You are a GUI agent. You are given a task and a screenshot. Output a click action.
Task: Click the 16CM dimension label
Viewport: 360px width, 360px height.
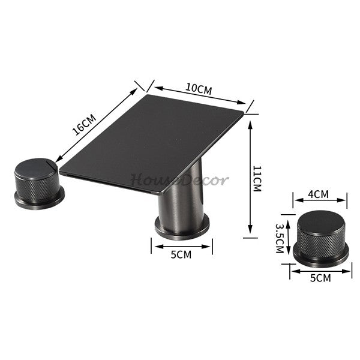tap(84, 125)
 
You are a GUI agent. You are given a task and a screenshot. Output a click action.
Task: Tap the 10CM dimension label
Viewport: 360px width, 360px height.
tap(199, 89)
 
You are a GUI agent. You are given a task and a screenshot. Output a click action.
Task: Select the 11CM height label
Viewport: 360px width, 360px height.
tap(257, 178)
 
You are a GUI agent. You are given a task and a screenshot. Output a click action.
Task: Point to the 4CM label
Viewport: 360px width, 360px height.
tap(318, 194)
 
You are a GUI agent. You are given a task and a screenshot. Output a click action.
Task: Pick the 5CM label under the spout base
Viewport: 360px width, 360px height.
tap(181, 254)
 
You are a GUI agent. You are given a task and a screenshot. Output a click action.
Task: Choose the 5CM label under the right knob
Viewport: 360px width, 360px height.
tap(320, 278)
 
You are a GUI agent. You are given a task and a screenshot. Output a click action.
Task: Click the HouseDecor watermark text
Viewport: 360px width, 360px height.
tap(179, 180)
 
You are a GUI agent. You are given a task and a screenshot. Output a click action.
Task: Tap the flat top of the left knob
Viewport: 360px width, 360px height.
tap(35, 168)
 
